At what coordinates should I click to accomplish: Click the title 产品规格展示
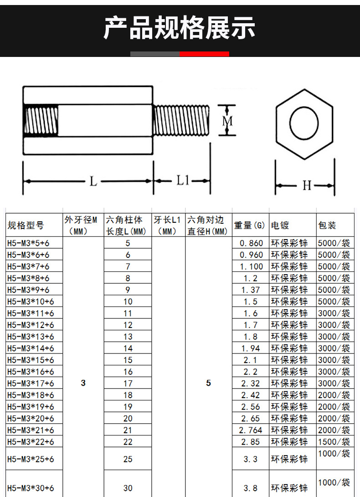tap(180, 28)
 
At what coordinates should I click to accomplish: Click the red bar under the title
tap(204, 54)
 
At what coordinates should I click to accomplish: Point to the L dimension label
tap(93, 181)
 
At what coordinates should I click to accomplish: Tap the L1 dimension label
tap(183, 181)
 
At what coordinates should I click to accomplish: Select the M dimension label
tap(227, 121)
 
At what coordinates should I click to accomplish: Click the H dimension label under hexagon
tap(307, 186)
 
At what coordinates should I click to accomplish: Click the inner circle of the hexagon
tap(304, 123)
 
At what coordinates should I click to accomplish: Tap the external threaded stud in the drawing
tap(181, 120)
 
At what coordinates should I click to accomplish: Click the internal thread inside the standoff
tap(41, 120)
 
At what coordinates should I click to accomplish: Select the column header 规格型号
tap(26, 225)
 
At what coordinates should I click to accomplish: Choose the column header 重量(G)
tap(249, 225)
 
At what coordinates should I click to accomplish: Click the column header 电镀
tap(280, 225)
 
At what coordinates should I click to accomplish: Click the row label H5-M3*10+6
tap(31, 302)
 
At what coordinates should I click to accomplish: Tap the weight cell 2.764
tap(250, 430)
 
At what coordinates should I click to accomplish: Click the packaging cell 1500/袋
tap(334, 441)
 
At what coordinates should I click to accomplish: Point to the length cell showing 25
tap(128, 459)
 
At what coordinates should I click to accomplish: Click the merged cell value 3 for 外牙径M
tap(83, 383)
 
